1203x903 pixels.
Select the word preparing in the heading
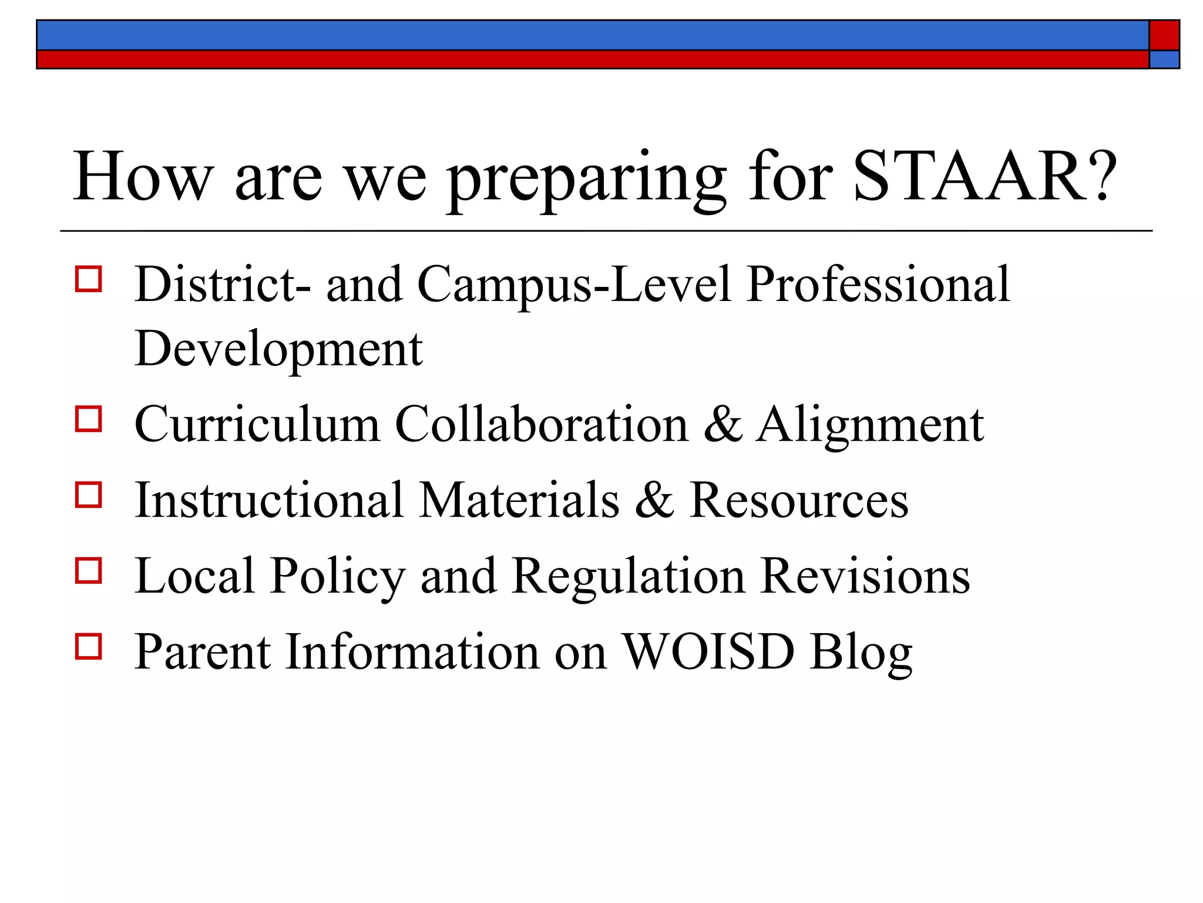point(587,179)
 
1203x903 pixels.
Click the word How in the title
point(142,176)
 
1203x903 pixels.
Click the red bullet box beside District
point(89,279)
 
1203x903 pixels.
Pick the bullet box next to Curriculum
point(89,419)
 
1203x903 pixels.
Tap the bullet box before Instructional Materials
point(89,494)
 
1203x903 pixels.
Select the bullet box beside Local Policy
point(89,570)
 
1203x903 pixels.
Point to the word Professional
point(878,285)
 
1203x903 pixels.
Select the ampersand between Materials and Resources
point(654,500)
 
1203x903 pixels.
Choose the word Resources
point(799,500)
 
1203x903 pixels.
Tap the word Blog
point(861,653)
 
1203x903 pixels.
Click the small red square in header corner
point(1164,35)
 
